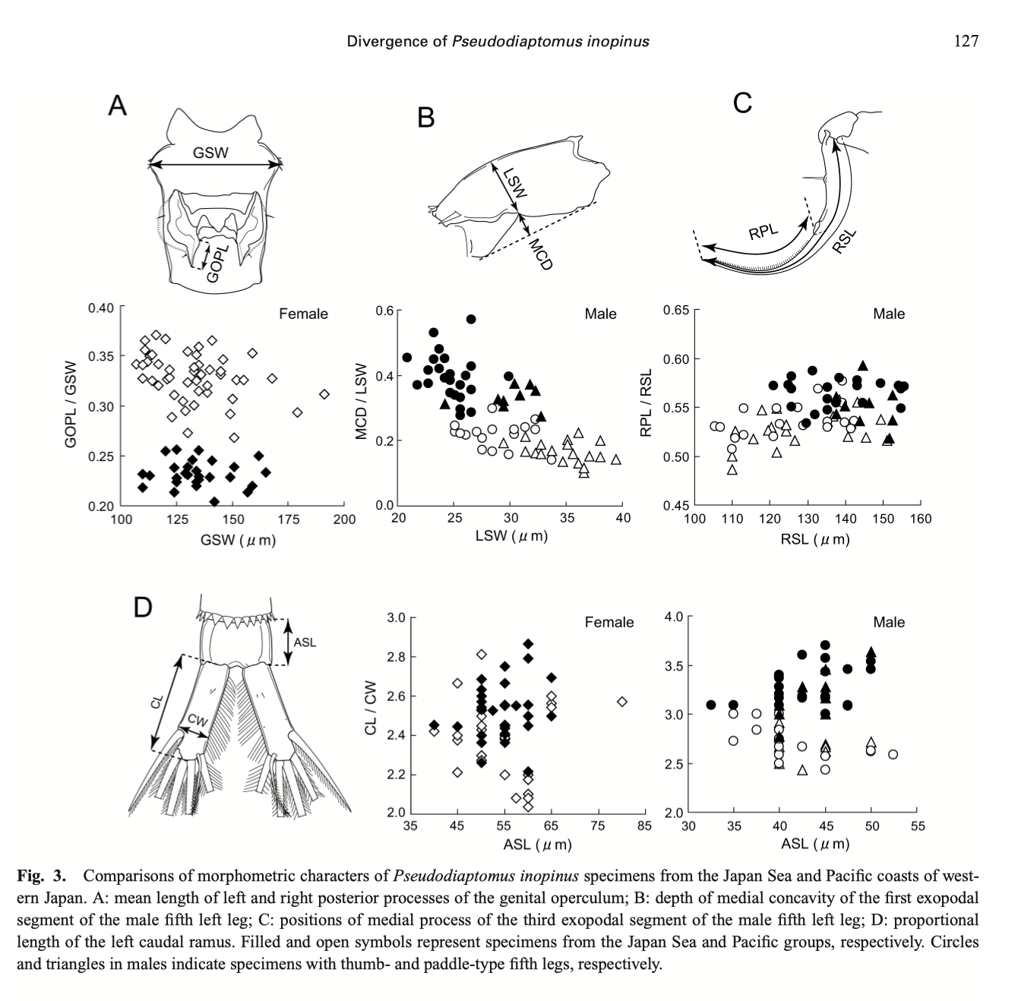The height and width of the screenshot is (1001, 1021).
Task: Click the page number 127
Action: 966,41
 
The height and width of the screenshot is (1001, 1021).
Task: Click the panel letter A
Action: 117,106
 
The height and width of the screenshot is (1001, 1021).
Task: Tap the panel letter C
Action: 742,103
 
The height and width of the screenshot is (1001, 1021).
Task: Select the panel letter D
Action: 143,608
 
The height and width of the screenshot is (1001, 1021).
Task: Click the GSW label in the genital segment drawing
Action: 210,153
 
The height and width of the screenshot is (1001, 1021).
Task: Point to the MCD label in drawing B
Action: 541,254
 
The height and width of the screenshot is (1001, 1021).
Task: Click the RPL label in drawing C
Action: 763,232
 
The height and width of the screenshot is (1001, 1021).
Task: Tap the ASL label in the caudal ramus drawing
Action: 305,643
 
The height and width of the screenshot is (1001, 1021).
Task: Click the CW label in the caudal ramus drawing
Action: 197,721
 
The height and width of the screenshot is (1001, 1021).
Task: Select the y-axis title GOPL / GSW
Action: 71,405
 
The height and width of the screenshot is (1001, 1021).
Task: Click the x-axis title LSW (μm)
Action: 511,535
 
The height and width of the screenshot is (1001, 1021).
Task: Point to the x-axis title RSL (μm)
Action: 815,539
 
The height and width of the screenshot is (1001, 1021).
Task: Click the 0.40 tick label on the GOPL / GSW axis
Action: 101,308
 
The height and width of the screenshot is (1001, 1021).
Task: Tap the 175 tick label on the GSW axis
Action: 288,519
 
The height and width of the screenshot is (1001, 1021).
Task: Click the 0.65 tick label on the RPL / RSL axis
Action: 676,310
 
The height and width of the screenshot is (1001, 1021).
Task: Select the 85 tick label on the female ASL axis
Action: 644,826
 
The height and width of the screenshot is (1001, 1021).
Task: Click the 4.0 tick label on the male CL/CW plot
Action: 674,617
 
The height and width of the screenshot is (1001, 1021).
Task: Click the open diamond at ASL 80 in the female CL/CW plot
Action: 622,702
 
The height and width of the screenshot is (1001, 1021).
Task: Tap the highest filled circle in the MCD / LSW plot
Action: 471,319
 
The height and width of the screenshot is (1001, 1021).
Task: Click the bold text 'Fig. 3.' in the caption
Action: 41,876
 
